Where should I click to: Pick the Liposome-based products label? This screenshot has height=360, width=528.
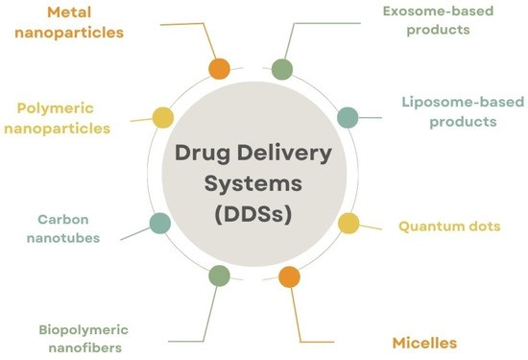tap(449, 111)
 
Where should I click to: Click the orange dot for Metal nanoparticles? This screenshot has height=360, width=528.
tap(219, 69)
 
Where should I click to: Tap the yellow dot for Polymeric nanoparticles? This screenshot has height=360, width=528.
tap(163, 117)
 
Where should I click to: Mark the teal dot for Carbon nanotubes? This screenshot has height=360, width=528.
tap(160, 225)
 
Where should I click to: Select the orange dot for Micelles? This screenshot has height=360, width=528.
tap(288, 277)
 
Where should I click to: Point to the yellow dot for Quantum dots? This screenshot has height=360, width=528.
tap(348, 224)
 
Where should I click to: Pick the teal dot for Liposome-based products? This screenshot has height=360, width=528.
tap(348, 117)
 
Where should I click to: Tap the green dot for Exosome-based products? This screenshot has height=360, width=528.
tap(281, 69)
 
